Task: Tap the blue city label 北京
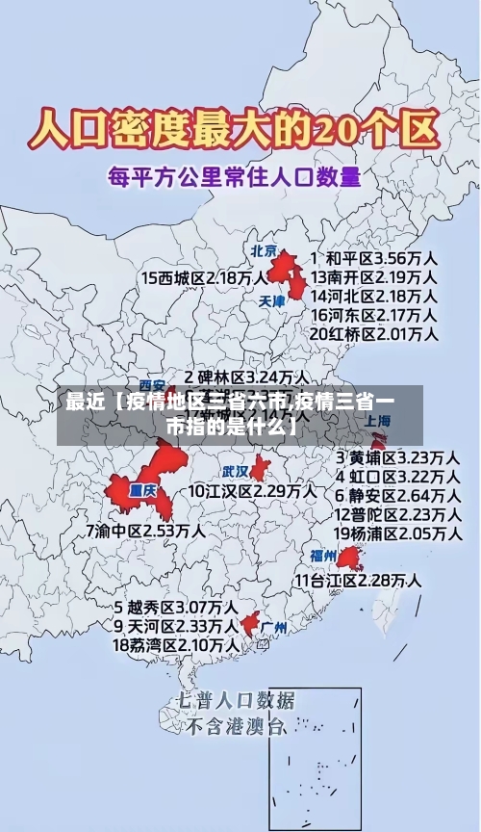pyautogui.click(x=264, y=250)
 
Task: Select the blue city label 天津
pyautogui.click(x=273, y=300)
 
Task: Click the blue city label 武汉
pyautogui.click(x=236, y=472)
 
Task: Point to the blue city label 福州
pyautogui.click(x=323, y=556)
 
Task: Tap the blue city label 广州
pyautogui.click(x=274, y=628)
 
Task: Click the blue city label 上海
pyautogui.click(x=378, y=421)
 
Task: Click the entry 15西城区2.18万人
pyautogui.click(x=205, y=277)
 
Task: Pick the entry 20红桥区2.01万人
pyautogui.click(x=374, y=333)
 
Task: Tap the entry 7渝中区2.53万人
pyautogui.click(x=145, y=531)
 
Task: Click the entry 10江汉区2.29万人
pyautogui.click(x=252, y=491)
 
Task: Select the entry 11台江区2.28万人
pyautogui.click(x=358, y=580)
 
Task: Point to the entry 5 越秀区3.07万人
pyautogui.click(x=176, y=608)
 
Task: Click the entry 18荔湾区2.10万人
pyautogui.click(x=176, y=644)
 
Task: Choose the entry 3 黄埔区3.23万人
pyautogui.click(x=397, y=456)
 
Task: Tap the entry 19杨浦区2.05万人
pyautogui.click(x=396, y=533)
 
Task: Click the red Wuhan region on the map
pyautogui.click(x=261, y=469)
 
